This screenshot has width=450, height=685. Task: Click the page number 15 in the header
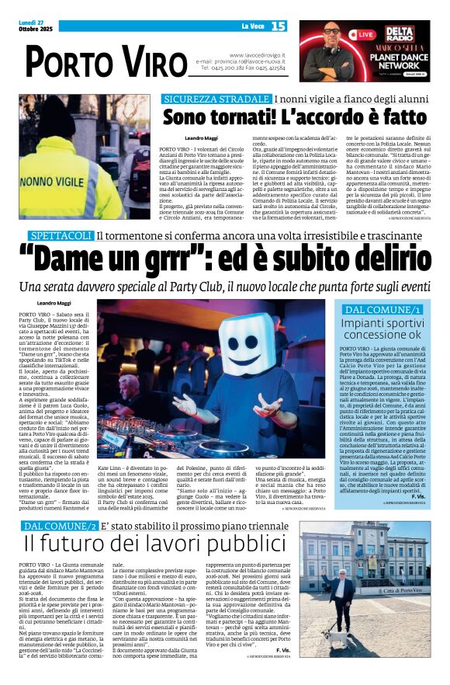279,26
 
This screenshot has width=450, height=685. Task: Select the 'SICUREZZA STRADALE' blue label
216,99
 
